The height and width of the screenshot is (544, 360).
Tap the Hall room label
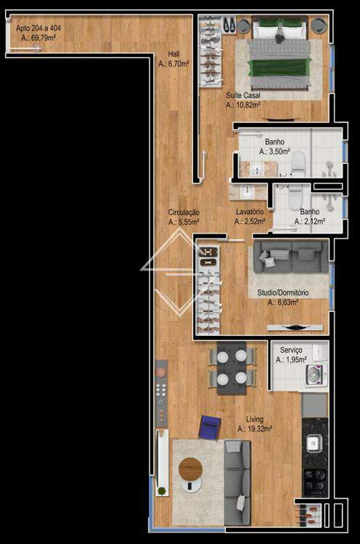coord(174,54)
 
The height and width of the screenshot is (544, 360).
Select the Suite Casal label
coord(243,95)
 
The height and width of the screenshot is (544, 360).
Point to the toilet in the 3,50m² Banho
coord(298,162)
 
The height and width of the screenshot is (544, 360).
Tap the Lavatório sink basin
coord(247,192)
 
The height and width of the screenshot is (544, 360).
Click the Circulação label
coord(184,213)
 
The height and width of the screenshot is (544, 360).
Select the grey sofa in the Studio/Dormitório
coord(290,257)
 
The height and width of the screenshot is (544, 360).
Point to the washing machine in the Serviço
coord(316,375)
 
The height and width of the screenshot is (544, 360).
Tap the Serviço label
coord(291,350)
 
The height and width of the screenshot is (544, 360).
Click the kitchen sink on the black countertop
coord(314,443)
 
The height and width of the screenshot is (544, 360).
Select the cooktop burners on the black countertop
coord(315,482)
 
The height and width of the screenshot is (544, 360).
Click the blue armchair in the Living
coord(210,427)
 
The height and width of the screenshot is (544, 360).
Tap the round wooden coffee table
coord(190,469)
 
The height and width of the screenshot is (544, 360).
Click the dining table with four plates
coord(232,368)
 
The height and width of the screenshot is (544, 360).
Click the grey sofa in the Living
coord(237,482)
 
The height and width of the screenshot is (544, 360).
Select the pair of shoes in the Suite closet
coord(229,24)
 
